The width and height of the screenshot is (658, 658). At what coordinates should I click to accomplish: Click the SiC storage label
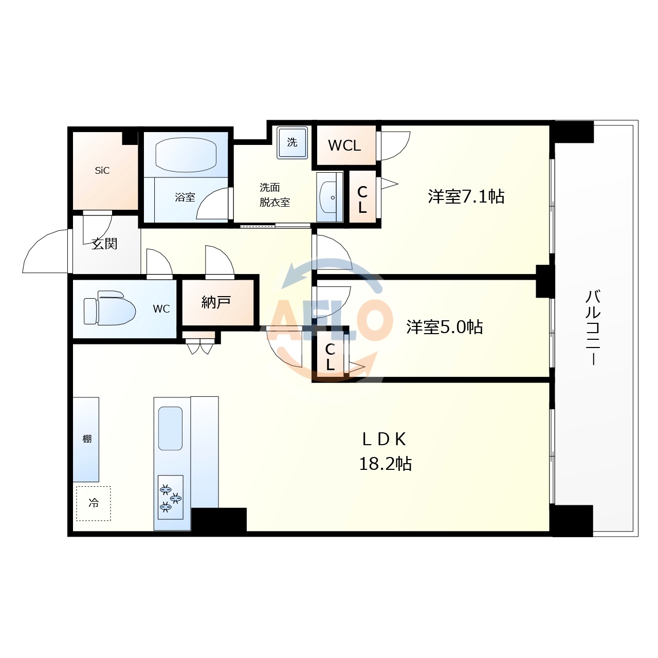102,171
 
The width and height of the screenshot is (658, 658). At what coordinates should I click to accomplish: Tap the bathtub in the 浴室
186,155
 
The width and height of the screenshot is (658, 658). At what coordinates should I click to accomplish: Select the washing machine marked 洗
292,142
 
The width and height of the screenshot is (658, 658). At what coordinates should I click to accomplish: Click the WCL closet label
344,145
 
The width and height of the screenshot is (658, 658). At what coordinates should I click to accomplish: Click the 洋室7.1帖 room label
466,196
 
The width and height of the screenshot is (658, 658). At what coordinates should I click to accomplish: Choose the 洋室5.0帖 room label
445,327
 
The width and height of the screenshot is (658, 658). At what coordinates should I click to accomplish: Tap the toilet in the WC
109,308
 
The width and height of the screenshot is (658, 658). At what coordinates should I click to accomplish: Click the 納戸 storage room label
216,302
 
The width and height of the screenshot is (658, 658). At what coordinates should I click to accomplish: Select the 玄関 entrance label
104,244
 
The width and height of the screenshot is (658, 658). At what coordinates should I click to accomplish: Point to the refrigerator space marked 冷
94,503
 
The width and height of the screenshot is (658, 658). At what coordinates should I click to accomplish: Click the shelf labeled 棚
86,439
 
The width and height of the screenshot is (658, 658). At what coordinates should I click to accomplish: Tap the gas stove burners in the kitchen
170,497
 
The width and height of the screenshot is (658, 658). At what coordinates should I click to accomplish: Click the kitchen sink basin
170,428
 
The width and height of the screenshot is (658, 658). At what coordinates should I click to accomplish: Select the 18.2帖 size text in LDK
385,464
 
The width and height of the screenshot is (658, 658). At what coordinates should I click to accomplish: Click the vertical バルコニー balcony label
593,327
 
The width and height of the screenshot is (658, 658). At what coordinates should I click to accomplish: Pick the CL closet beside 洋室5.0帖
330,357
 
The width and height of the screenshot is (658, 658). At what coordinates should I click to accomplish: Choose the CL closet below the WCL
362,199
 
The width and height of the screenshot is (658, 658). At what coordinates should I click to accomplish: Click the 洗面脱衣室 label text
275,195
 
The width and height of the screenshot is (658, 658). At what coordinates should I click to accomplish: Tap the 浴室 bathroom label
185,197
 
